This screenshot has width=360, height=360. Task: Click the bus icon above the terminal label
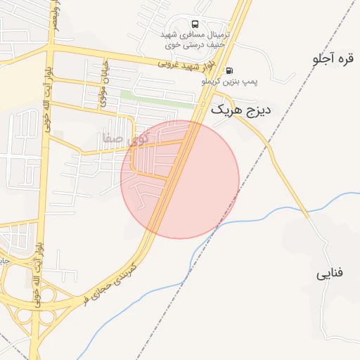tap(195, 24)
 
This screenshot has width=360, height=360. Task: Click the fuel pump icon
tap(229, 70)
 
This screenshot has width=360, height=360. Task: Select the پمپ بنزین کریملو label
tap(230, 82)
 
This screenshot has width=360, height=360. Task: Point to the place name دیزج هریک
tap(241, 110)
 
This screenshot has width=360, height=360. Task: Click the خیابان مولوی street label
tap(103, 82)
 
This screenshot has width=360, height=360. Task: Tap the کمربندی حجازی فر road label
tap(113, 284)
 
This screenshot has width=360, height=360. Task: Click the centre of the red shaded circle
tap(180, 179)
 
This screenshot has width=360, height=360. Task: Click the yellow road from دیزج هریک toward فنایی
tap(281, 169)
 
